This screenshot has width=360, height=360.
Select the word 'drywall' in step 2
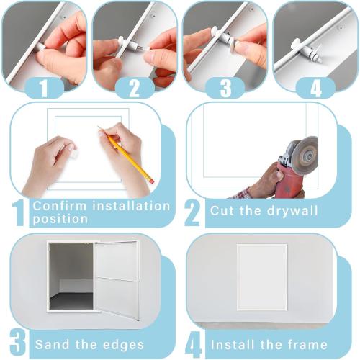294,211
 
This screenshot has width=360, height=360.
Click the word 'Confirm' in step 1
60,206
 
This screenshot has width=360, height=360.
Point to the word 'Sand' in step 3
51,345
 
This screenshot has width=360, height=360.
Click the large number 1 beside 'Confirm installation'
18,213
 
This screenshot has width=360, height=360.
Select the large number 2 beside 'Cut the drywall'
192,213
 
